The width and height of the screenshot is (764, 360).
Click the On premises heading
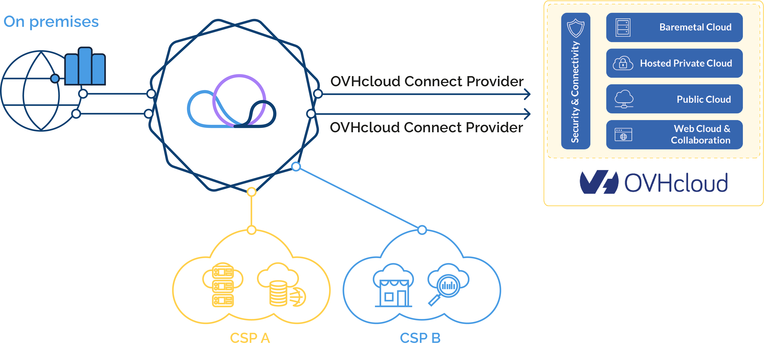51,22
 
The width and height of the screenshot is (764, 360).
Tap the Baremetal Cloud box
674,27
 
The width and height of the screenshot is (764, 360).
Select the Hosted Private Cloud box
674,63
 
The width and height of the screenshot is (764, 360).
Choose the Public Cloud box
674,99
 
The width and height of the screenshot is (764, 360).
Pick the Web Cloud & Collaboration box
674,135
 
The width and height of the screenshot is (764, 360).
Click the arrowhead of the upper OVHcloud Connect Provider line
528,94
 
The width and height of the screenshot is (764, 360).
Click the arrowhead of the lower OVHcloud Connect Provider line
528,114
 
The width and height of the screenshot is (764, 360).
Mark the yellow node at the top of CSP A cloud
251,230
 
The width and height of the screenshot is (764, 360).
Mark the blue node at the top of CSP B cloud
422,230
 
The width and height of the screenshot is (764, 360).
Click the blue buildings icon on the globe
85,66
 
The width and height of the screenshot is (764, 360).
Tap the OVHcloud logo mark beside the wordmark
599,182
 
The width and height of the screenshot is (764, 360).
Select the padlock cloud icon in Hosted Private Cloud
623,63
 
